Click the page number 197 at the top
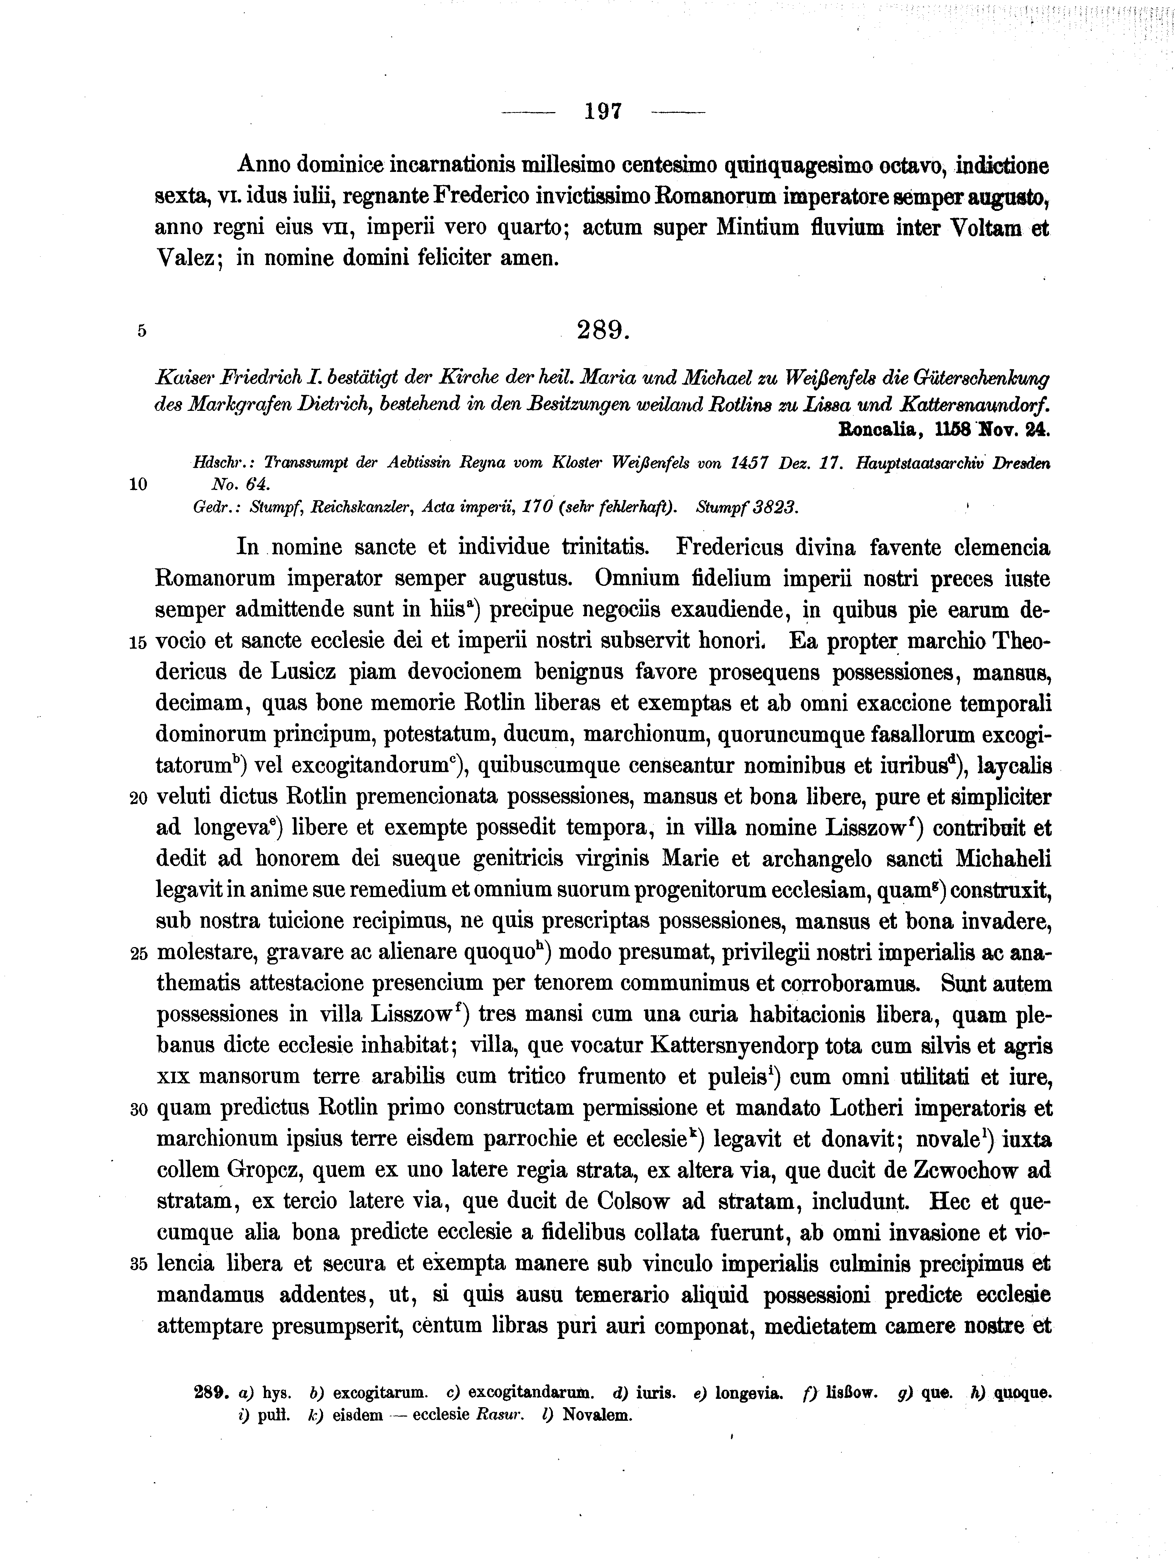[603, 111]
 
